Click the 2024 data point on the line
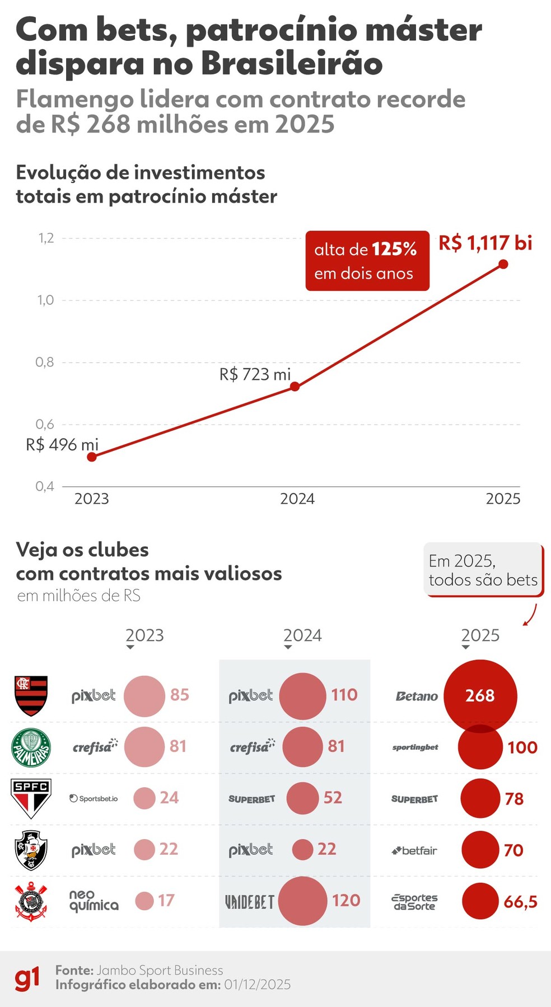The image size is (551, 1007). tap(295, 387)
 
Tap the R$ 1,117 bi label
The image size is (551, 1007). tap(485, 243)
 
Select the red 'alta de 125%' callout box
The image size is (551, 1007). tap(367, 261)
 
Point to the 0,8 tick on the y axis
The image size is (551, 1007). tap(45, 362)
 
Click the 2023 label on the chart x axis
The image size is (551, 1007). tap(91, 498)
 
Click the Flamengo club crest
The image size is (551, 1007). tap(31, 695)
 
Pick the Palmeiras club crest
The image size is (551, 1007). tap(31, 747)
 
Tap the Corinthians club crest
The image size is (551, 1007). tap(31, 901)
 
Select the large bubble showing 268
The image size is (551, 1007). tap(480, 695)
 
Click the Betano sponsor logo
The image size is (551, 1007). tap(417, 696)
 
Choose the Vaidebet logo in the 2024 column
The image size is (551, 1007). tap(249, 901)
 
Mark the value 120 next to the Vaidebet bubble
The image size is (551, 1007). tap(345, 900)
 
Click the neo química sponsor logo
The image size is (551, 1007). tap(94, 901)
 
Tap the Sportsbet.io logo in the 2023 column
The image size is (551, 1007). tap(94, 798)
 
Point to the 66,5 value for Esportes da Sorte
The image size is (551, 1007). tap(520, 901)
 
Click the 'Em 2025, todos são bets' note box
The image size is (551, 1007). tap(483, 570)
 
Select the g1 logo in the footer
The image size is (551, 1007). tap(27, 978)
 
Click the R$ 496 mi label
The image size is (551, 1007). tap(62, 445)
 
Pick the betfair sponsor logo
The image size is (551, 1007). tap(414, 850)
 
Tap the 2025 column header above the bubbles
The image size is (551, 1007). tap(480, 635)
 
